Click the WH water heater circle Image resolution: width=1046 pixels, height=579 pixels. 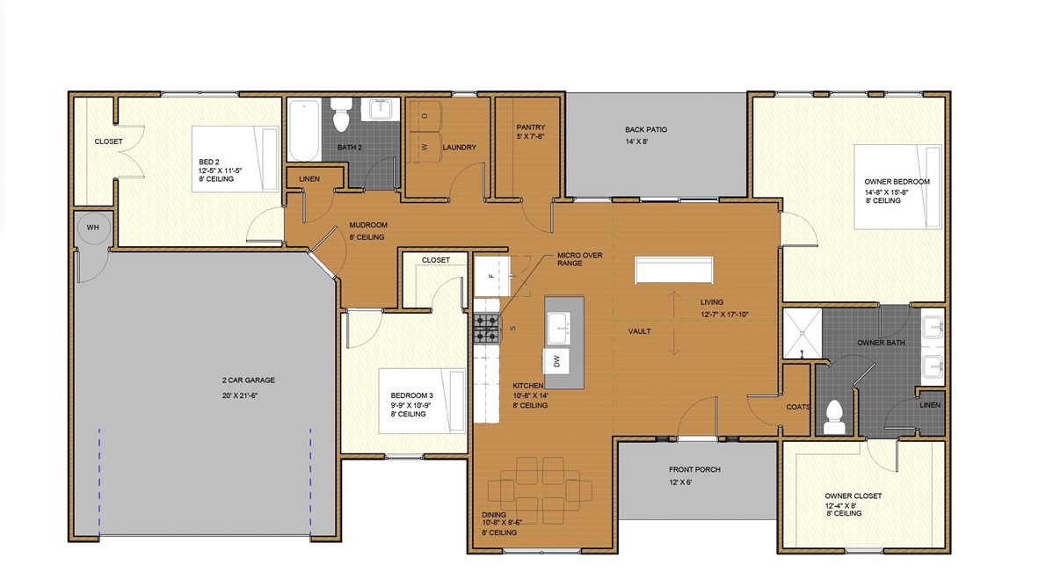click(x=92, y=228)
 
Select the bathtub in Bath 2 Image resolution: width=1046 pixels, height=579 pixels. click(x=302, y=129)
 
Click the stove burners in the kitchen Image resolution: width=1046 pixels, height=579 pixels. click(x=487, y=328)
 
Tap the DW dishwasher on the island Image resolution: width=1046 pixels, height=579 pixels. click(x=557, y=359)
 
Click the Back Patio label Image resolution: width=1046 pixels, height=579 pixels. click(x=646, y=129)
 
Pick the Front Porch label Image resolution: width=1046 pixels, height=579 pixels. click(x=694, y=470)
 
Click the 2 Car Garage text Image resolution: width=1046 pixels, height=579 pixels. click(x=249, y=380)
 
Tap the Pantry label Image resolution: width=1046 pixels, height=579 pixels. click(x=531, y=127)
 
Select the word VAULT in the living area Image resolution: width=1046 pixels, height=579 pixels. click(x=639, y=331)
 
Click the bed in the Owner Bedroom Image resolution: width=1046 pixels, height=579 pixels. click(x=897, y=187)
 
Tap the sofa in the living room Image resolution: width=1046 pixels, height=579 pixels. click(x=674, y=269)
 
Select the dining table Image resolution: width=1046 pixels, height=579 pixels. click(x=539, y=488)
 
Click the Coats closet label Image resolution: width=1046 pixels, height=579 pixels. click(x=798, y=407)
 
